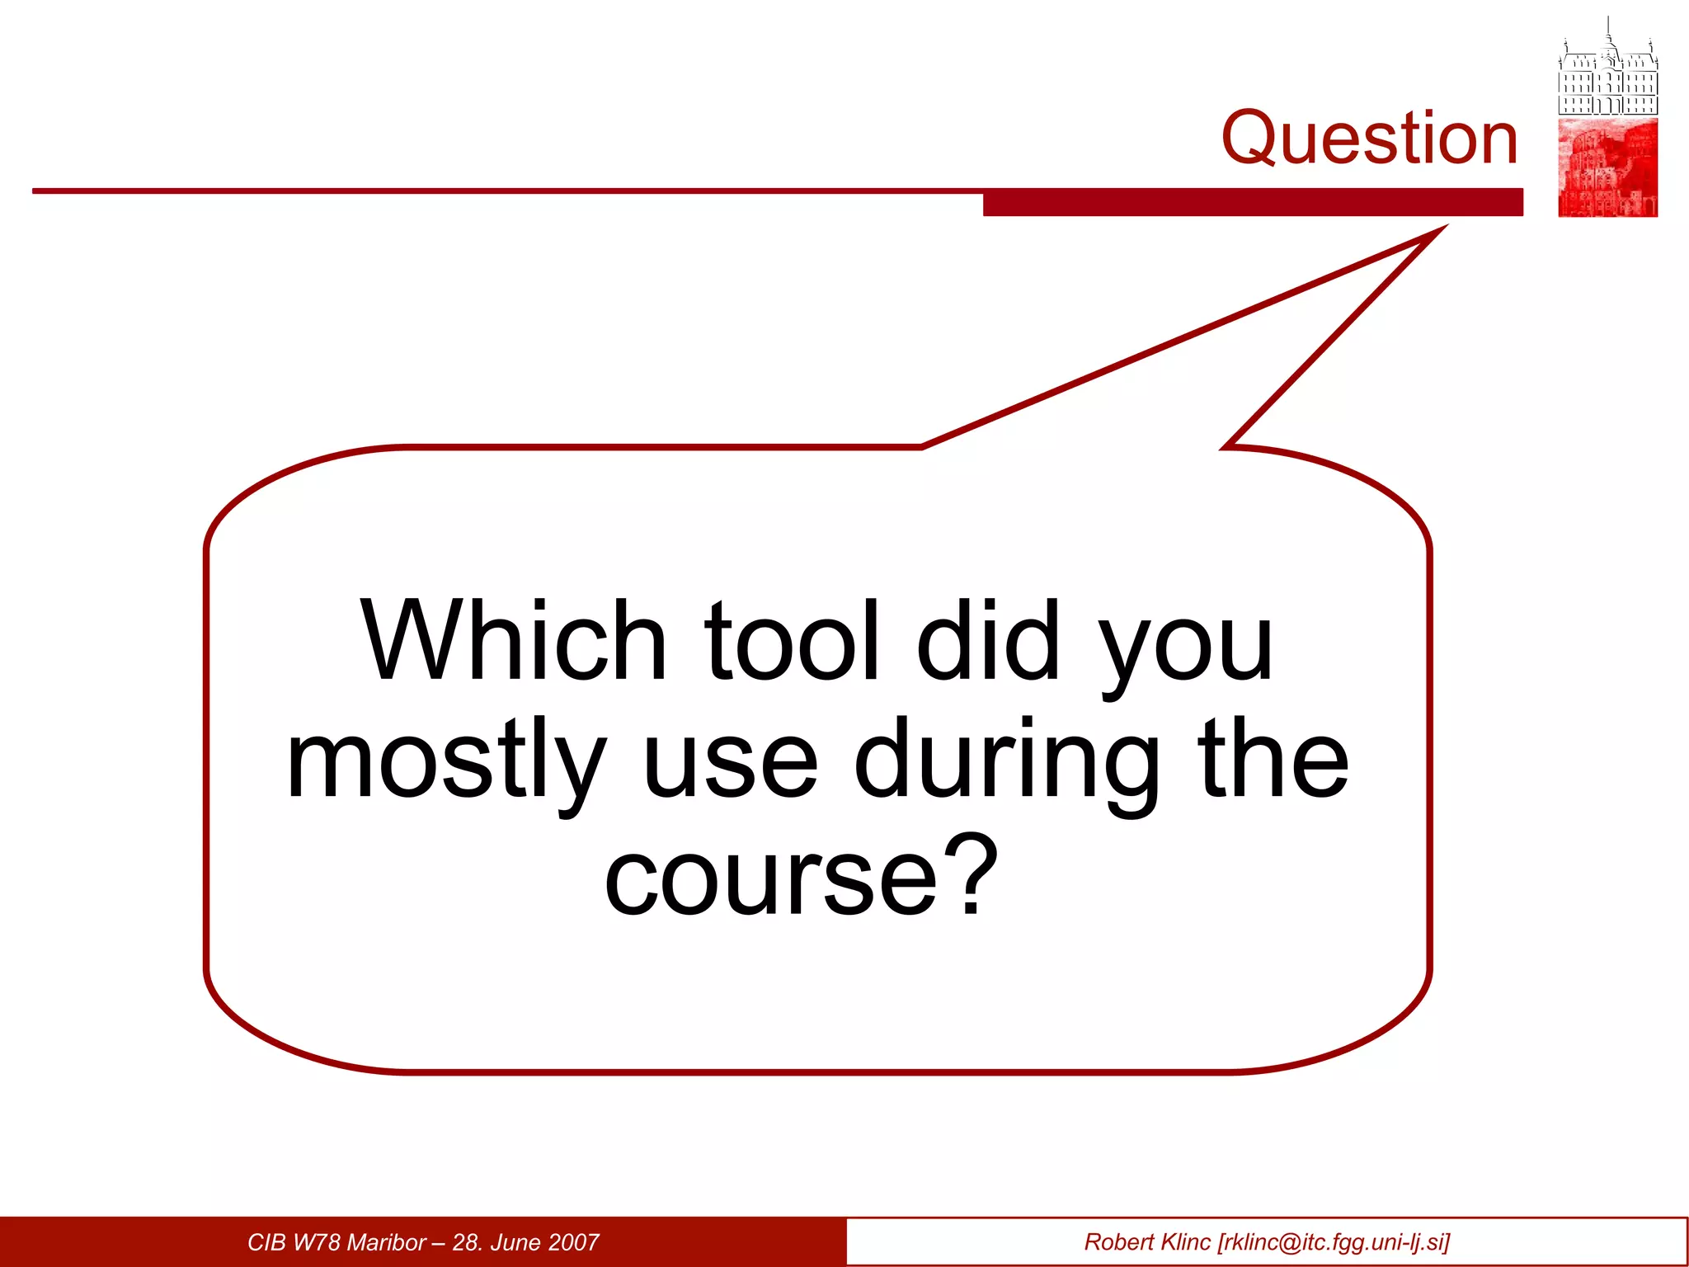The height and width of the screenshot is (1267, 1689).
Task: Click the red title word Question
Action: (1369, 139)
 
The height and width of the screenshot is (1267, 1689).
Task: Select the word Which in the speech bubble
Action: (513, 642)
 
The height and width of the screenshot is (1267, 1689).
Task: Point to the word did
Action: (988, 642)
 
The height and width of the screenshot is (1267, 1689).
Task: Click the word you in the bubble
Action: (1188, 648)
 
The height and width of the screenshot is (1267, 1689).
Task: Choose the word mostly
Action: (445, 761)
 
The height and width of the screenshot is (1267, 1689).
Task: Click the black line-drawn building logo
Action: (1607, 70)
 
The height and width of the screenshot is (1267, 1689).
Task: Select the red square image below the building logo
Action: (1607, 167)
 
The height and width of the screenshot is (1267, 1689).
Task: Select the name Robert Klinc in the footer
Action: (1147, 1242)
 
